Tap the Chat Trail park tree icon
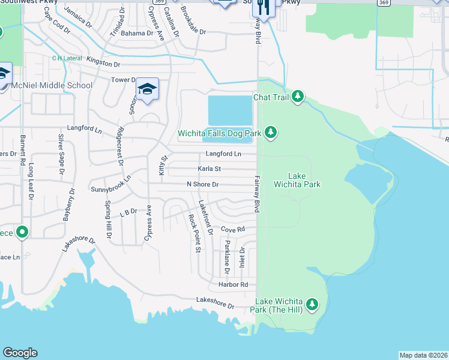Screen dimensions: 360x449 coord(297,97)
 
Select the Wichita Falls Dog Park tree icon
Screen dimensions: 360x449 coord(271,132)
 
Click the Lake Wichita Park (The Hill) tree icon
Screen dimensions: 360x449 coord(312,305)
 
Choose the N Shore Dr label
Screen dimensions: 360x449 coord(202,184)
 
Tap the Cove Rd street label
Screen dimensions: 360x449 coord(233,229)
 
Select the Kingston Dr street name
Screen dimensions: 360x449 coord(103,63)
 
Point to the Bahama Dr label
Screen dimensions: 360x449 coord(137,33)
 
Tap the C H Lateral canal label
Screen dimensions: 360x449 coord(67,58)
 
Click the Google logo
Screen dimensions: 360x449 coord(20,353)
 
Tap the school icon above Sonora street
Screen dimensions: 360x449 coord(147,89)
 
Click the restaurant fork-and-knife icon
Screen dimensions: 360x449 coord(263,7)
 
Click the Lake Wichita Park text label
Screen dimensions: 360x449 coord(297,180)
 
